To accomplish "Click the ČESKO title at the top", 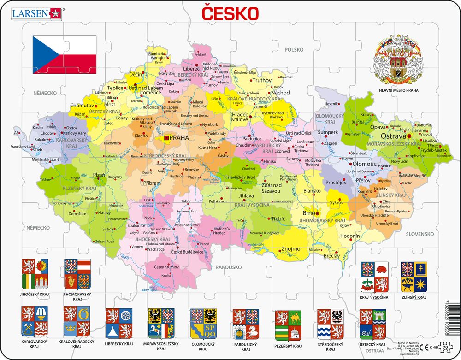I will pyautogui.click(x=229, y=13).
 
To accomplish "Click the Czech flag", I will pyautogui.click(x=65, y=54).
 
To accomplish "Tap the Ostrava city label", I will pyautogui.click(x=393, y=136).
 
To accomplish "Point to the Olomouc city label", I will pyautogui.click(x=365, y=164).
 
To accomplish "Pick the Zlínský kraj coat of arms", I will pyautogui.click(x=414, y=276).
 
